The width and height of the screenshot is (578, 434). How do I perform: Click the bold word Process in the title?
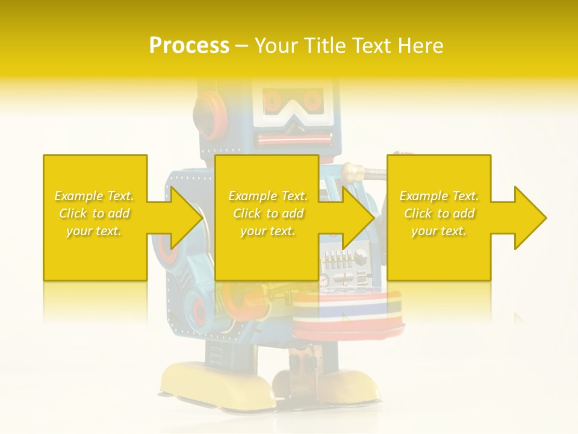point(189,46)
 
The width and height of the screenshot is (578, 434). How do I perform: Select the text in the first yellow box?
point(95,213)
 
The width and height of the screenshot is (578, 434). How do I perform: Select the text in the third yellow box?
point(439,213)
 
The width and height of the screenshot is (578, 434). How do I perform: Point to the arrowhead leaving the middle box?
point(355,218)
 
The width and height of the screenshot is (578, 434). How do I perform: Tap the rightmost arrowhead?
point(527,218)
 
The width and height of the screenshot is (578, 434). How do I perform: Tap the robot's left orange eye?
point(274,99)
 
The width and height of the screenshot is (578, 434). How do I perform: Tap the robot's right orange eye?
point(312,99)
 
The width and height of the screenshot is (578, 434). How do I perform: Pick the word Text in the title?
point(370,46)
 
